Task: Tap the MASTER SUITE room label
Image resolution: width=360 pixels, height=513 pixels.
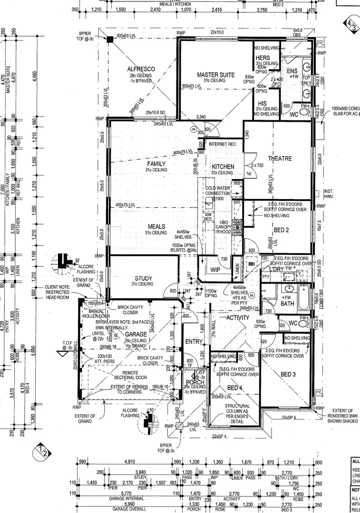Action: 216,75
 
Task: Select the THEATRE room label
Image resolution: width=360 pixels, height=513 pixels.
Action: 280,158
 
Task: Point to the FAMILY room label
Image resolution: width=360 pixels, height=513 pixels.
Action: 156,164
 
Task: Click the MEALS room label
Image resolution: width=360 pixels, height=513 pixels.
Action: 156,227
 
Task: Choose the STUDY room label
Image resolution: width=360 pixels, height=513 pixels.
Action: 143,278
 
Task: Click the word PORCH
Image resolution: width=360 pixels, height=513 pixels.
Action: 195,382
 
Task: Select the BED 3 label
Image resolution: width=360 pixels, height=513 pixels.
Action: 288,374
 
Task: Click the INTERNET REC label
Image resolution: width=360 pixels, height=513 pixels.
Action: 222,144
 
